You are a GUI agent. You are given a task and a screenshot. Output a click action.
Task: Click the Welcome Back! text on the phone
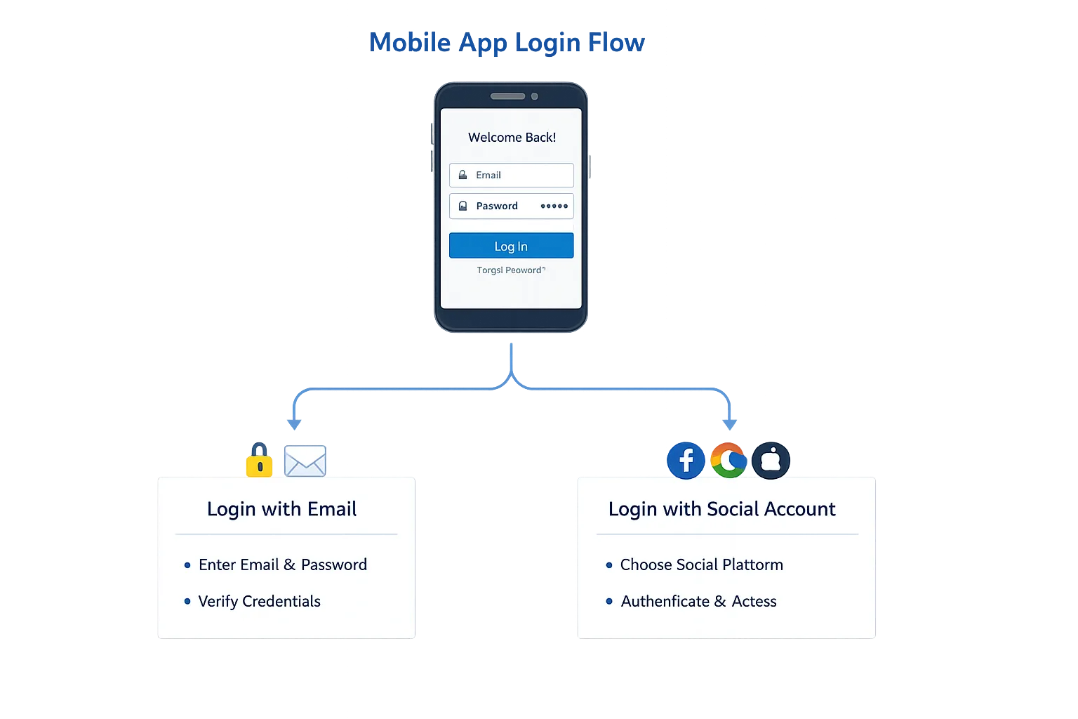coord(512,138)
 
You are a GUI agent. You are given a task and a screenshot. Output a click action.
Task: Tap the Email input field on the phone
coord(511,175)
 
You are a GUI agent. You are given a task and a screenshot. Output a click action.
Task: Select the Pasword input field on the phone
coord(511,206)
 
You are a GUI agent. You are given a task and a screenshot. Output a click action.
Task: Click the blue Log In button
coord(511,246)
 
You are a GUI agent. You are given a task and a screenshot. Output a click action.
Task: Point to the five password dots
coord(554,206)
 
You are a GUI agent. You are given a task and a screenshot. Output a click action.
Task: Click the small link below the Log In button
coord(511,270)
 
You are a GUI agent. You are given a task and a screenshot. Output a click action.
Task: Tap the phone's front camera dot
coord(535,96)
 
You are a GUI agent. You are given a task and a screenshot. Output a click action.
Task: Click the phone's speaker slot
coord(507,96)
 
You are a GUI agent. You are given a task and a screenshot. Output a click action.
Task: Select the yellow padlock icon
coord(259,460)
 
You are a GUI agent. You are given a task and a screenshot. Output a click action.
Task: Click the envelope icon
coord(305,461)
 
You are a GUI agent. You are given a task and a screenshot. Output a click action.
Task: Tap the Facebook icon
coord(686,461)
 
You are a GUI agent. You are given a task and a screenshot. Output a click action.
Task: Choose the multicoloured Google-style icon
coord(728,461)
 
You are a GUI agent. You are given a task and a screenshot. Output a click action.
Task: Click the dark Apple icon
coord(771,461)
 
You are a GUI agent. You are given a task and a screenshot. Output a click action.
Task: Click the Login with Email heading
coord(281,509)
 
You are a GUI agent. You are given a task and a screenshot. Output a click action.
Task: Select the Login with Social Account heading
coord(721,509)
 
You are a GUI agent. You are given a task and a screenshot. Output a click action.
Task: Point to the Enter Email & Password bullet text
coord(282,565)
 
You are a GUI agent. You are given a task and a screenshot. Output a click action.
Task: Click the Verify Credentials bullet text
coord(259,601)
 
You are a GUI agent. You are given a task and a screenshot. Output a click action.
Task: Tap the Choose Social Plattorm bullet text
coord(701,565)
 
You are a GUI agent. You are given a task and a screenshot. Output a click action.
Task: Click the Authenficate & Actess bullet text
coord(698,601)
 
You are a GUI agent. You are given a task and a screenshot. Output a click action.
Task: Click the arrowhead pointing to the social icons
coord(730,423)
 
